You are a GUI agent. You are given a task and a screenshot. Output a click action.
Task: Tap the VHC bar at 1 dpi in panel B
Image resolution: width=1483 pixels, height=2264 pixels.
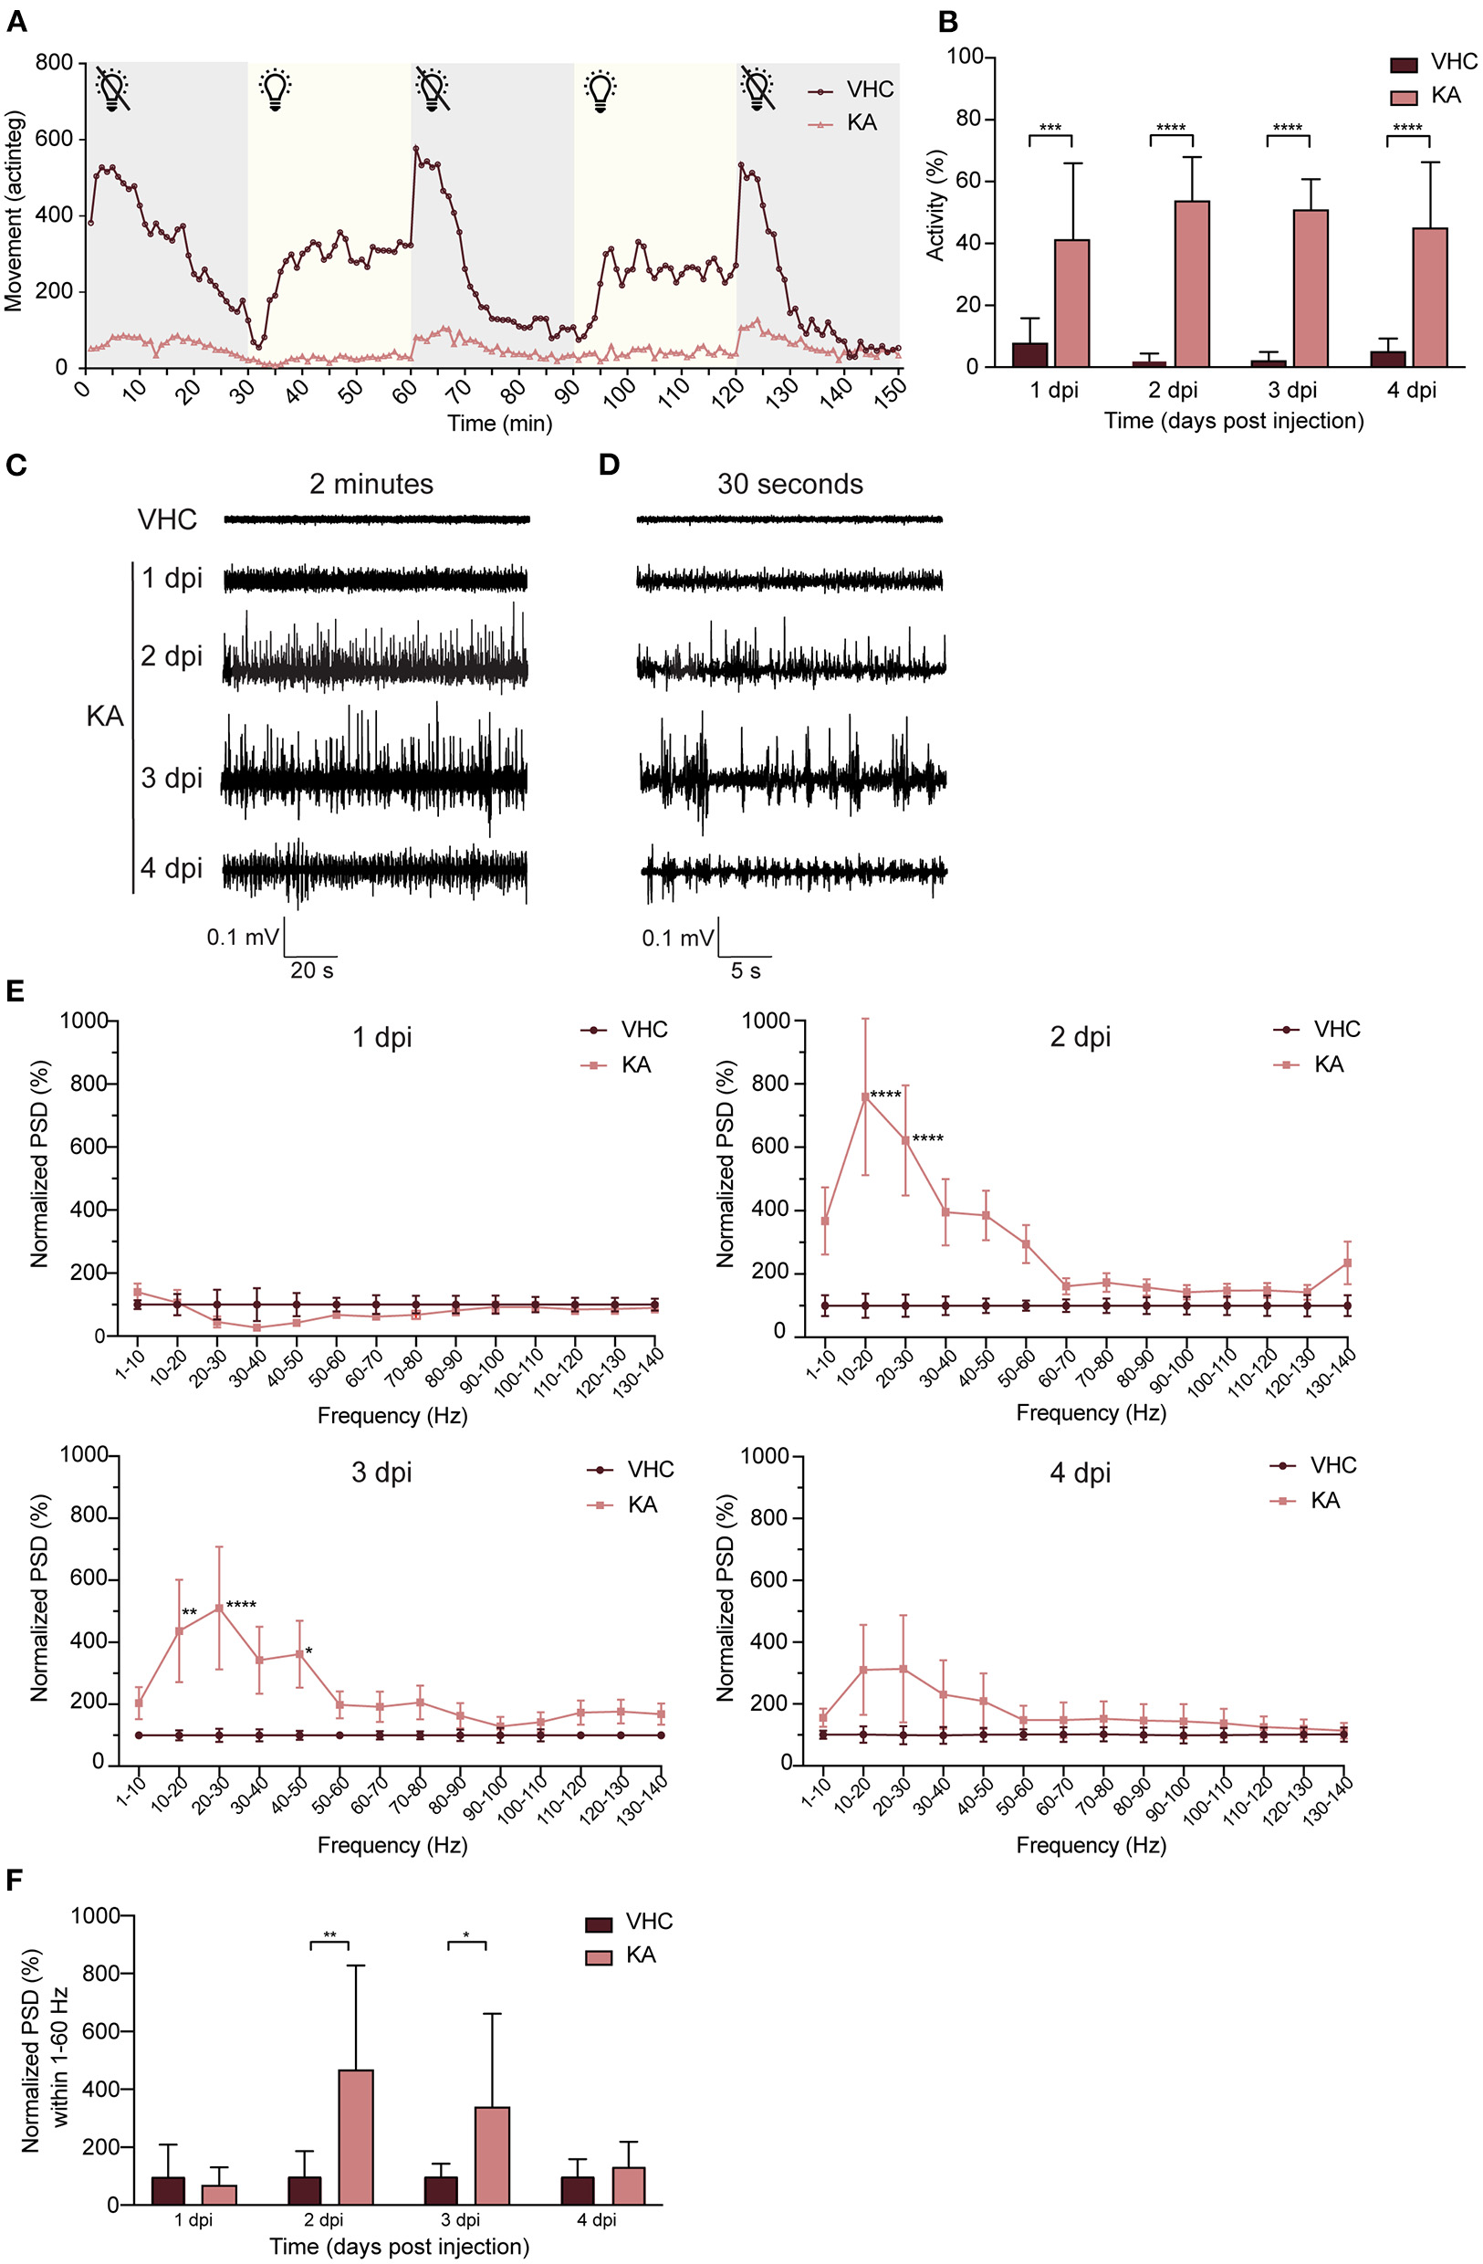click(1030, 354)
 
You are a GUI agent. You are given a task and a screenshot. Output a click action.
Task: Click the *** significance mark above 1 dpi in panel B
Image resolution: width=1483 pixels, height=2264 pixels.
click(1050, 129)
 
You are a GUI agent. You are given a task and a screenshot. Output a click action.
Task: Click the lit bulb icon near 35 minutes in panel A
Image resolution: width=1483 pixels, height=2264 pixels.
click(275, 89)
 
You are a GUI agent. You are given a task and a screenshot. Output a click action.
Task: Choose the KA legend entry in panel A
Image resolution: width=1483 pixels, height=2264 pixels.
click(861, 123)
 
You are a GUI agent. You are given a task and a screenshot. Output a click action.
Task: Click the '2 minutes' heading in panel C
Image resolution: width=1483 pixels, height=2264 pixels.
click(371, 484)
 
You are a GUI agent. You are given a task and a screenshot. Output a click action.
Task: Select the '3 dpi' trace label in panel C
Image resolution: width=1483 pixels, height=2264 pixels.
click(172, 778)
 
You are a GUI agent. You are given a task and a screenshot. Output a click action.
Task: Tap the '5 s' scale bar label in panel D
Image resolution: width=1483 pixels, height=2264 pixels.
click(746, 970)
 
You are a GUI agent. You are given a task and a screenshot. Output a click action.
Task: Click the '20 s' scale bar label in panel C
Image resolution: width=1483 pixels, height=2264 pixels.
click(312, 970)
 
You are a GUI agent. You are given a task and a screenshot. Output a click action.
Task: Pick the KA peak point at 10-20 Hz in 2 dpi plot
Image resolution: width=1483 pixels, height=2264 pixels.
click(864, 1096)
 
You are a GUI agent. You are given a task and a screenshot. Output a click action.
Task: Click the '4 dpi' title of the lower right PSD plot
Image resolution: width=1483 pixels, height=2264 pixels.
click(1080, 1473)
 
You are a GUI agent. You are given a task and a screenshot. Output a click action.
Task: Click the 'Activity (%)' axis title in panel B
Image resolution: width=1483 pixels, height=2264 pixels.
click(936, 204)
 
